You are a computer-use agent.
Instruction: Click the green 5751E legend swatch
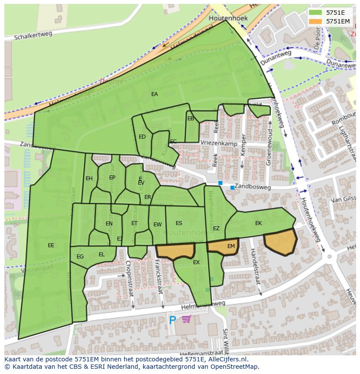[x=315, y=13]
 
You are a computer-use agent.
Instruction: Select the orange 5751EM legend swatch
[x=315, y=21]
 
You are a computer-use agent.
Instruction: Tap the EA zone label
[x=154, y=94]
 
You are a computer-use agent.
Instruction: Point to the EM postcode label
[x=231, y=246]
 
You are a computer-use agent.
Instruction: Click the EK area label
[x=259, y=223]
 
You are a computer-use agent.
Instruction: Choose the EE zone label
[x=51, y=245]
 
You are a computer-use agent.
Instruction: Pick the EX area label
[x=196, y=262]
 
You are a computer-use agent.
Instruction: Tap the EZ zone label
[x=216, y=228]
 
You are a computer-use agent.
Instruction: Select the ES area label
[x=179, y=223]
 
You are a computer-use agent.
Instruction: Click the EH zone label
[x=89, y=179]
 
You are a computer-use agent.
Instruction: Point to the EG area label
[x=80, y=257]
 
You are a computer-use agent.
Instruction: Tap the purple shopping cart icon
[x=186, y=320]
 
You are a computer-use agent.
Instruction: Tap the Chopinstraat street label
[x=129, y=278]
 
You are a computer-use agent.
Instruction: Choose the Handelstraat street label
[x=256, y=266]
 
